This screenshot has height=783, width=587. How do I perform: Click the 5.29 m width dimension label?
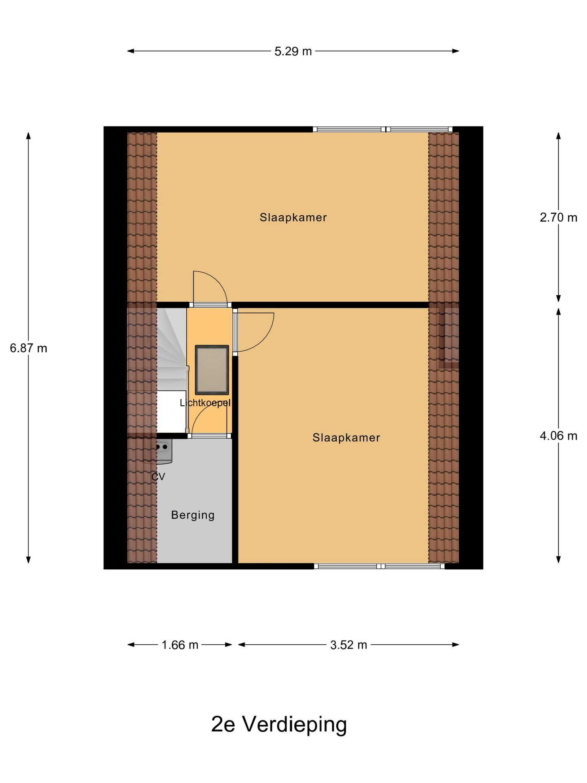293,51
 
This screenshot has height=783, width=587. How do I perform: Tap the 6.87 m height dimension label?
29,348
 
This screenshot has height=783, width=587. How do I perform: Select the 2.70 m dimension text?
558,218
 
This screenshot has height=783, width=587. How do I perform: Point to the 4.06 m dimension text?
558,436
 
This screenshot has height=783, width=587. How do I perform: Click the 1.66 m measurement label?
180,645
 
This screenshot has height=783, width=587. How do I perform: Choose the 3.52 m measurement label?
349,645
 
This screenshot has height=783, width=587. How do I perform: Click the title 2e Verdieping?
279,725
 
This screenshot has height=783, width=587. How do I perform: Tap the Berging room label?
193,515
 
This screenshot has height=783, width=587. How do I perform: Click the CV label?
158,477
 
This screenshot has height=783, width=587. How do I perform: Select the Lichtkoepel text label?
205,403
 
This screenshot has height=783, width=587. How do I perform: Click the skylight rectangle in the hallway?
212,369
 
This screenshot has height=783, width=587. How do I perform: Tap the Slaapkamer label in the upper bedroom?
293,217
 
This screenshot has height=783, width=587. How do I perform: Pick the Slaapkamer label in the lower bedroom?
346,438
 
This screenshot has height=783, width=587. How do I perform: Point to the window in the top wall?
382,130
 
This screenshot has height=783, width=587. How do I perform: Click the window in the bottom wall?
379,566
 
